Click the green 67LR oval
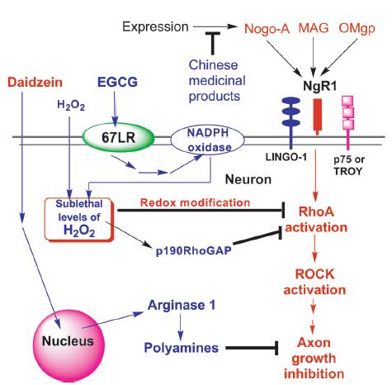pos(119,137)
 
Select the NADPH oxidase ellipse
pos(208,140)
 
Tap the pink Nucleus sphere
pos(68,345)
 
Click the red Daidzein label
pos(35,83)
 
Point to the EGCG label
pos(117,82)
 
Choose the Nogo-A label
pos(267,29)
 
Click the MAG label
pos(314,28)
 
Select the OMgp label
pos(357,29)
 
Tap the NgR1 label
pos(319,86)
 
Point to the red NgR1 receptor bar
pos(318,117)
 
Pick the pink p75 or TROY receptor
pos(347,122)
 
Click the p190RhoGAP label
pos(193,250)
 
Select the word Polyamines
pos(182,348)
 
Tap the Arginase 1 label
pos(182,305)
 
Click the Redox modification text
pos(195,202)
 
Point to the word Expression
pos(155,27)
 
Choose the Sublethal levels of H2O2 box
pos(79,220)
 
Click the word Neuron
pos(248,179)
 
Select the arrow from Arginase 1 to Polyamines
pos(181,327)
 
